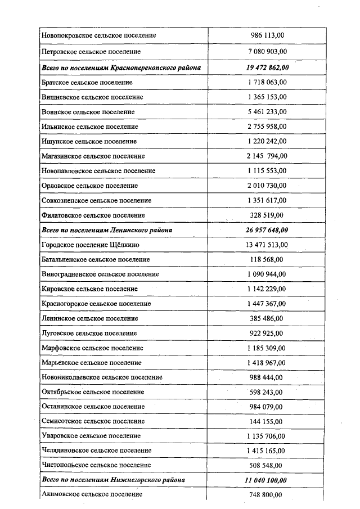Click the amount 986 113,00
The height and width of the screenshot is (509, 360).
(x=267, y=35)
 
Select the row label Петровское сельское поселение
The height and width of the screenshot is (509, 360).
(x=91, y=52)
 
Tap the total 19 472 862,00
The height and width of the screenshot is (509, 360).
(x=267, y=67)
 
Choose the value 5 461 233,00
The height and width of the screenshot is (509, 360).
(x=267, y=112)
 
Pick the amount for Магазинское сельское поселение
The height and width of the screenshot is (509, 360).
(x=267, y=156)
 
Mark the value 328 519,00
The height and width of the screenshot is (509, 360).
(x=267, y=215)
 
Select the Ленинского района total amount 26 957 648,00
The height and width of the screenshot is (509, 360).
(x=267, y=230)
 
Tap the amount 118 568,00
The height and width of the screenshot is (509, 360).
(x=267, y=259)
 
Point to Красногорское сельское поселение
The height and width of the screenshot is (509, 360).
(x=96, y=303)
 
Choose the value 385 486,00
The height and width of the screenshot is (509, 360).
(x=267, y=318)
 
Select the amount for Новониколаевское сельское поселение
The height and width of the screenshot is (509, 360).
(x=267, y=377)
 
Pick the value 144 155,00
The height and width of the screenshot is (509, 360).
(x=267, y=421)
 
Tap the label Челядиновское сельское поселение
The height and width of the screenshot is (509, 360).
(x=96, y=451)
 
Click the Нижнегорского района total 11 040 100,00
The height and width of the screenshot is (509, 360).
(x=267, y=480)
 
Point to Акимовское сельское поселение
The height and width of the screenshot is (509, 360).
(x=92, y=494)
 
